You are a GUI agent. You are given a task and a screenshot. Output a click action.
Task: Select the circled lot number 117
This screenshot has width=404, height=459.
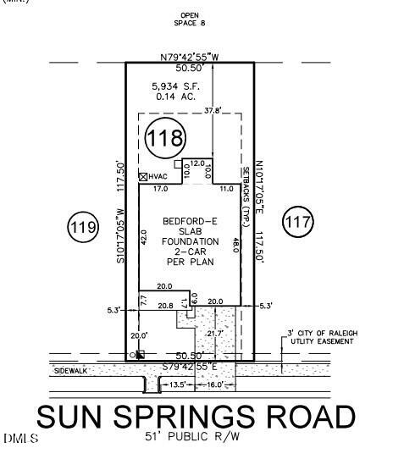click(298, 222)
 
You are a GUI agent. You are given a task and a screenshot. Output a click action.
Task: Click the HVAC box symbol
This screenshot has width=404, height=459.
click(143, 176)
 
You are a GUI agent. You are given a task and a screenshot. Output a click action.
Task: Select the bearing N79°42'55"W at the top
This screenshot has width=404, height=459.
click(190, 57)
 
